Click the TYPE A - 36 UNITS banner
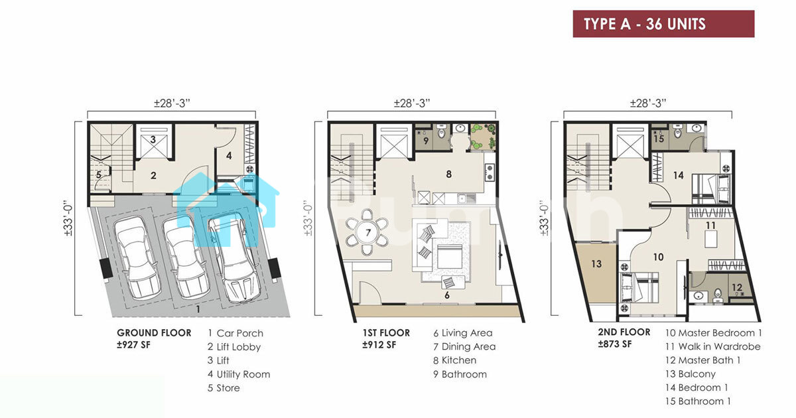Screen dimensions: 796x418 coord(663,24)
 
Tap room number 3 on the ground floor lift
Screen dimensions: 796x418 coord(153,139)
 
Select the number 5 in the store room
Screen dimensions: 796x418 coord(98,174)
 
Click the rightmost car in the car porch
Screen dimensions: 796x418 coord(235,259)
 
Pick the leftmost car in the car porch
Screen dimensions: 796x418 coord(137,257)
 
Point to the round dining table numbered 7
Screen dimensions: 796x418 coord(367,232)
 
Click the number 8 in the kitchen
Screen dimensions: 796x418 coord(449,174)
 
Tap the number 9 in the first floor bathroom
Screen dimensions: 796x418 coord(426,141)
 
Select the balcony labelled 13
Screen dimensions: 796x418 coord(596,273)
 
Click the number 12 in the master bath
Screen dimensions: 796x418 coord(737,287)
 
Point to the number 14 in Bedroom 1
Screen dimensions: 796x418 coord(679,175)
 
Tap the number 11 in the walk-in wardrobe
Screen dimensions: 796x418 coord(710,226)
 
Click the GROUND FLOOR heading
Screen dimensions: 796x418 coord(154,333)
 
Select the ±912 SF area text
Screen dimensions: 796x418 coord(379,345)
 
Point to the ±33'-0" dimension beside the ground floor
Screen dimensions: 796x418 coord(68,220)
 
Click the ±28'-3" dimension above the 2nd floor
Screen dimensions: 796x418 coord(648,103)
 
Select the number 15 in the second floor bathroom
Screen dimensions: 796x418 coord(659,139)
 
